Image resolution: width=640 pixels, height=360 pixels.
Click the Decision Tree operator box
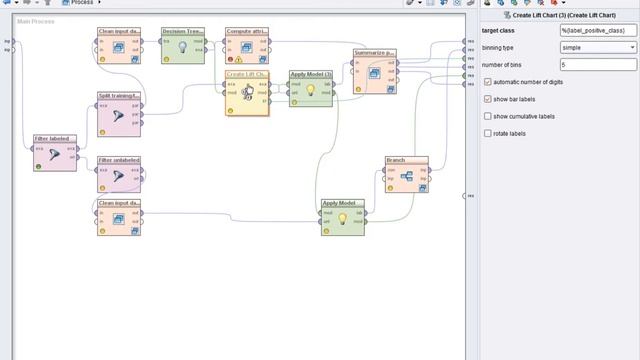click(x=182, y=47)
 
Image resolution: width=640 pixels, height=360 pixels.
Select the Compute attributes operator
click(x=246, y=47)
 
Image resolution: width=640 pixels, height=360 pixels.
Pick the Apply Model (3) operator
click(x=310, y=89)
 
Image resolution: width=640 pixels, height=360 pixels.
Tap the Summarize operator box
click(x=375, y=71)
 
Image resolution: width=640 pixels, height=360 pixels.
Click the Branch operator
click(x=407, y=177)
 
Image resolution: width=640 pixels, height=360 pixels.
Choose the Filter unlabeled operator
click(x=119, y=175)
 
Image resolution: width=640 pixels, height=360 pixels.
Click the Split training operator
click(x=119, y=115)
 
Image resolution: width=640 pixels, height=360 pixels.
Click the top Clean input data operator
click(x=119, y=47)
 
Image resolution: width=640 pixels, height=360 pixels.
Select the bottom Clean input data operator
click(x=119, y=219)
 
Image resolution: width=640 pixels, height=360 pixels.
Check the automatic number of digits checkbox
click(x=488, y=82)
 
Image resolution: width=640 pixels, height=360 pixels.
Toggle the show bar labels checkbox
click(x=488, y=99)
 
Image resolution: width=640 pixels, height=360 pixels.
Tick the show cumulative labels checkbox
click(x=488, y=116)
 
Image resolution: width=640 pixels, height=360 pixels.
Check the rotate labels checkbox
click(x=488, y=133)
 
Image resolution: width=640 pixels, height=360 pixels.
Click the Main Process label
click(x=36, y=21)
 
